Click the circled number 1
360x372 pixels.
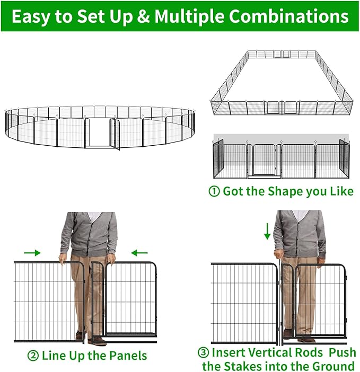point(215,191)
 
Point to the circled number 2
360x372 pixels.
point(33,355)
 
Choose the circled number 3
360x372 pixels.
point(203,352)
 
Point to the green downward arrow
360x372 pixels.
point(268,231)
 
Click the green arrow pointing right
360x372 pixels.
point(32,253)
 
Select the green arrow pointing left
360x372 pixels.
point(139,253)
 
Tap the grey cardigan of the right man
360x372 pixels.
point(300,233)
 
